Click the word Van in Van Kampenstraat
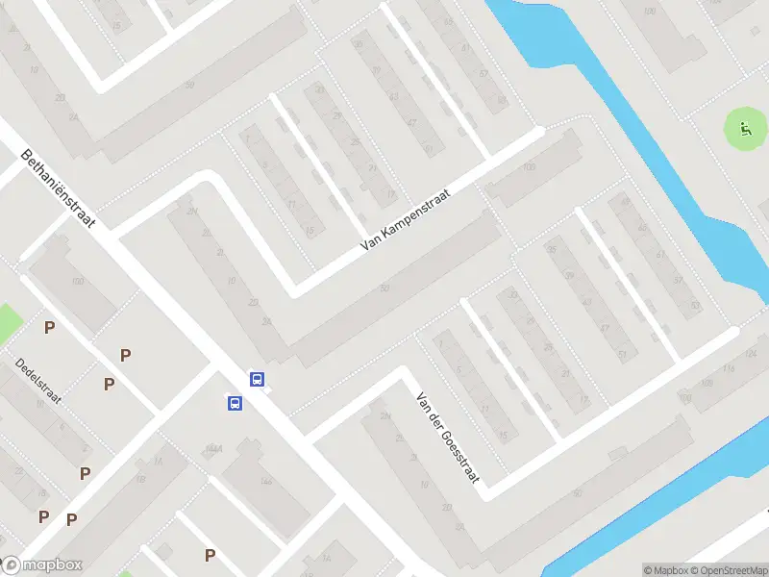(x=369, y=244)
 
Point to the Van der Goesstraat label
(x=446, y=438)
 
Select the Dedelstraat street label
(x=38, y=381)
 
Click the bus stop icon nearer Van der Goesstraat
(x=258, y=379)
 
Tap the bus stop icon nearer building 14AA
(x=235, y=403)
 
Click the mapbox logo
(x=42, y=565)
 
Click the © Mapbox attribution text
(x=665, y=570)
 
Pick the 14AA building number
(x=213, y=449)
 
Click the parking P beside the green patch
(x=49, y=328)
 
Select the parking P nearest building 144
(x=210, y=555)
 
